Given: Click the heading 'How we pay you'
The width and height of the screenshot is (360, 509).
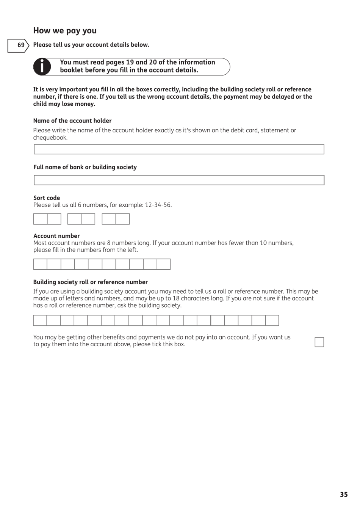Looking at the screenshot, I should pos(65,31).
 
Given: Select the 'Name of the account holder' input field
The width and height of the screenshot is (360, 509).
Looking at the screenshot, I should pos(179,149).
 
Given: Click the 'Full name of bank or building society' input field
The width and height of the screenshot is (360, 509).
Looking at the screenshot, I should pos(179,180).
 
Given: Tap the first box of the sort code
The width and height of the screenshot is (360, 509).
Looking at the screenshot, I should pos(41,219).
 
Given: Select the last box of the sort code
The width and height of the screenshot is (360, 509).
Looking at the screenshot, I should pos(122,219).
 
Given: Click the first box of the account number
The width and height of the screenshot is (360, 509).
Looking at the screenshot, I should pos(40,264).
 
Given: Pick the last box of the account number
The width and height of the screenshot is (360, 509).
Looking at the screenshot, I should pos(163,264).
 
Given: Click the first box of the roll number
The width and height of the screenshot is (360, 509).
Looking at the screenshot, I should pos(40,320).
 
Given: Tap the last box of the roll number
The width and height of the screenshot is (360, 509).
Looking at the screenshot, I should pos(272,320).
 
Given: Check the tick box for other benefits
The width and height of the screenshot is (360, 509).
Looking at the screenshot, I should pos(319,342).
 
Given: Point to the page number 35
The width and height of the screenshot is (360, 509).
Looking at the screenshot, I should pos(343,495).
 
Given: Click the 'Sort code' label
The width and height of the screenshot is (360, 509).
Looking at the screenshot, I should pos(47,198).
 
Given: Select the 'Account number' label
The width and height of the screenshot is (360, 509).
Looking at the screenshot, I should pos(56,236).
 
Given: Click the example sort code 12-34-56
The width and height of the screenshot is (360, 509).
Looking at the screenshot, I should pos(158,205).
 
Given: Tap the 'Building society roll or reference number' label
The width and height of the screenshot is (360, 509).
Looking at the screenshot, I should pos(90,282).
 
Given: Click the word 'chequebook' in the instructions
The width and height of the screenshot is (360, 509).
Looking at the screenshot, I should pos(50,138).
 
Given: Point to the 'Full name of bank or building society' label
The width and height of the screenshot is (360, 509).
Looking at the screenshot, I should pos(85,167).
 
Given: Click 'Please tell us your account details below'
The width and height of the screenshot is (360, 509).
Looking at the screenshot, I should pos(91,45).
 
